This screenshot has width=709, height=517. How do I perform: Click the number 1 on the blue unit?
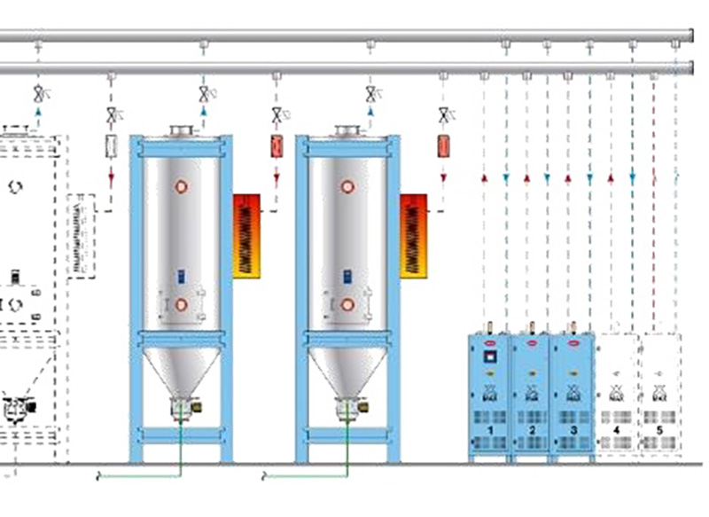pos(488,429)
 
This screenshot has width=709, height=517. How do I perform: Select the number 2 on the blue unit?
pos(531,429)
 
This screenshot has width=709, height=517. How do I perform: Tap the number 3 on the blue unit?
pos(573,429)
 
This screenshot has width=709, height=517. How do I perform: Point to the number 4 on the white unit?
pos(616,429)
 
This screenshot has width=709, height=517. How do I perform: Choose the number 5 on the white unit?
pos(658,429)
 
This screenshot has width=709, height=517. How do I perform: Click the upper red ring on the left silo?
pos(181,187)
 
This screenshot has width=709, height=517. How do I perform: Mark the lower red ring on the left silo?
pos(181,304)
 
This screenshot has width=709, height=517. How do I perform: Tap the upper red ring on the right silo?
pos(347,187)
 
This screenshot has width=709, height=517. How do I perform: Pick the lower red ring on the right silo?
pos(347,304)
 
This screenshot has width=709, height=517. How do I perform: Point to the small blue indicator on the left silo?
pos(181,276)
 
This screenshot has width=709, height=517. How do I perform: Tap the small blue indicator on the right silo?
pos(347,276)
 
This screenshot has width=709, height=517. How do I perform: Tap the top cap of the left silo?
pos(181,131)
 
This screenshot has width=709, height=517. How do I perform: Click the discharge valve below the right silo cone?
pos(347,410)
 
